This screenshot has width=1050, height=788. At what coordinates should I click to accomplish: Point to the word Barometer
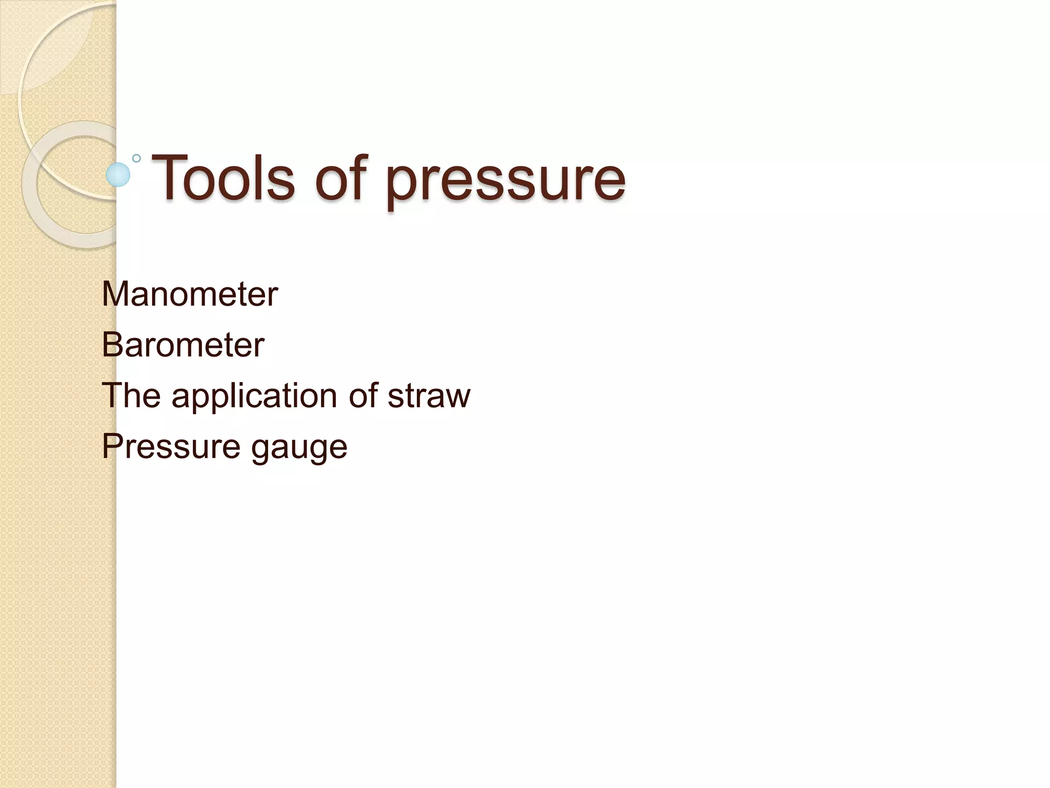tap(183, 344)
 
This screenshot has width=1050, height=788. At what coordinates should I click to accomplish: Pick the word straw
tap(429, 396)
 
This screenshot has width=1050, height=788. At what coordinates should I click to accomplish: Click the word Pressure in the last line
tap(170, 446)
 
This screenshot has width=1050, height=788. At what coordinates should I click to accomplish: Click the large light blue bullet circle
tap(118, 174)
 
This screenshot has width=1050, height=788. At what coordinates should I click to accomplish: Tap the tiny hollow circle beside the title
tap(136, 158)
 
